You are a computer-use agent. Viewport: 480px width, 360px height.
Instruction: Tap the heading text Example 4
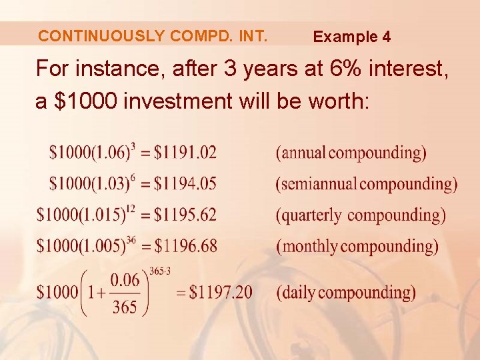(x=352, y=37)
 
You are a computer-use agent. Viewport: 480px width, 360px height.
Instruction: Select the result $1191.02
(x=185, y=153)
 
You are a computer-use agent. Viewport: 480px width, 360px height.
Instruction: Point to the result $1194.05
(x=185, y=183)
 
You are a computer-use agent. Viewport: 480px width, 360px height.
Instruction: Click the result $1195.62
(x=185, y=215)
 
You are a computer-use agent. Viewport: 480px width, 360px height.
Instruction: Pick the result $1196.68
(x=185, y=246)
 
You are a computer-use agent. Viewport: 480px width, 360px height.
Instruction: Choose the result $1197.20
(x=221, y=292)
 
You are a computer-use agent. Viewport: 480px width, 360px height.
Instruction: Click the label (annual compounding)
(x=351, y=153)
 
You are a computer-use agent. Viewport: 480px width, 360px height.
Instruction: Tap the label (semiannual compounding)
(x=367, y=183)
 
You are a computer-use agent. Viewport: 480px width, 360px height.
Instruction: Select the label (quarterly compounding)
(x=361, y=215)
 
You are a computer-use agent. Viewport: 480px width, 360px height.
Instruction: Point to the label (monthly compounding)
(x=357, y=246)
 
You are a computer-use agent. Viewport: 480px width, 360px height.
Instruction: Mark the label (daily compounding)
(x=346, y=292)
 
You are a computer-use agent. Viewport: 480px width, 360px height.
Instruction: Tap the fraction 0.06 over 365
(x=125, y=293)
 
